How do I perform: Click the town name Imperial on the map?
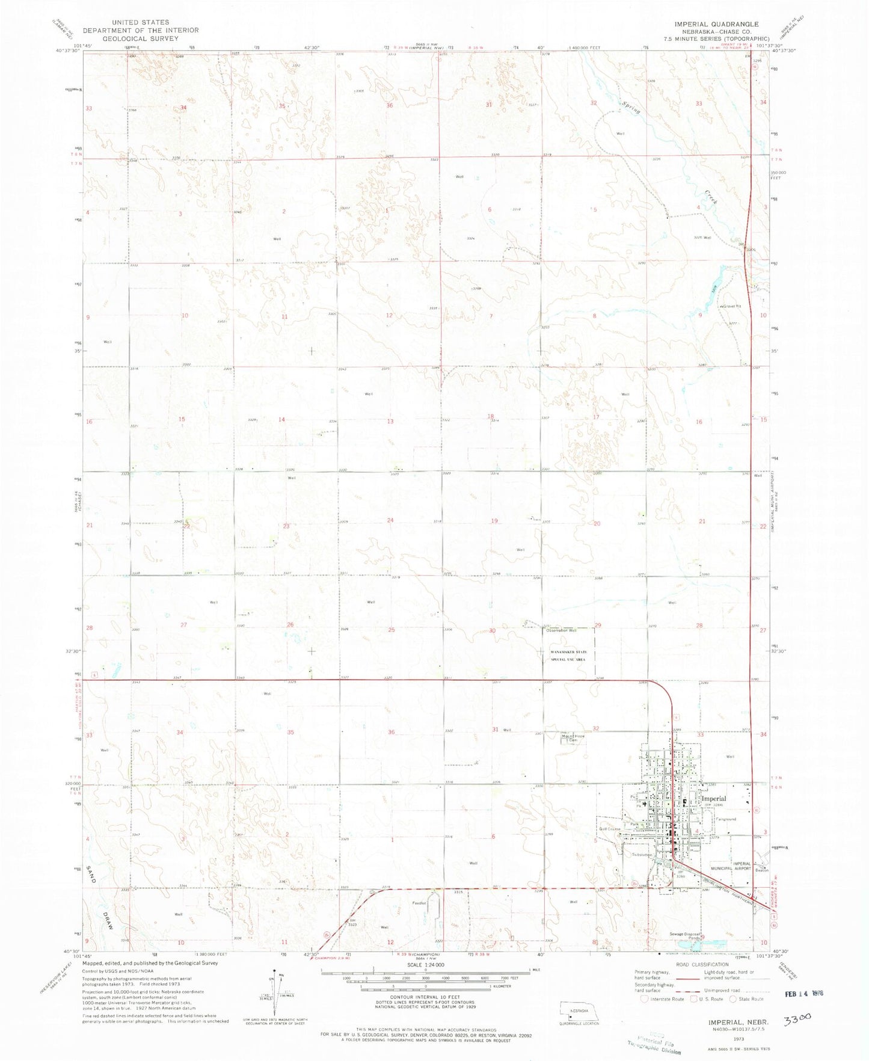pyautogui.click(x=714, y=799)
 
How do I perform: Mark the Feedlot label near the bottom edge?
pyautogui.click(x=419, y=903)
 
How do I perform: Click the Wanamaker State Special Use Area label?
pyautogui.click(x=568, y=656)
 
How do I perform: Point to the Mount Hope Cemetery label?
pyautogui.click(x=573, y=738)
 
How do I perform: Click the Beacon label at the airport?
pyautogui.click(x=762, y=870)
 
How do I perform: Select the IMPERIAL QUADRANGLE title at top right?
pyautogui.click(x=716, y=24)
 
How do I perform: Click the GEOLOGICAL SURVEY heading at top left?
pyautogui.click(x=141, y=38)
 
